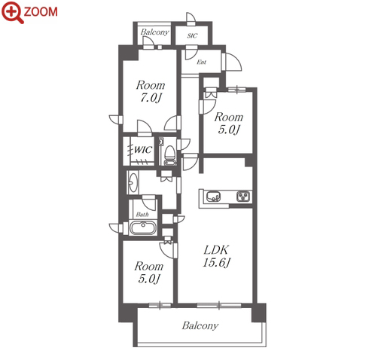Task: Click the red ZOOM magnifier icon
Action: coord(12,12)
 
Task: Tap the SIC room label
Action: coord(192,35)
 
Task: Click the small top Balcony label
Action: coord(154,32)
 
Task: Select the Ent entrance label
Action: coord(202,62)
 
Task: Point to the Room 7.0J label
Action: coord(151,91)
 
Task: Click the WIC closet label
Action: coord(143,150)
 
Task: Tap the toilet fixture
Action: coord(170,156)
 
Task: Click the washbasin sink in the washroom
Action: coord(133,182)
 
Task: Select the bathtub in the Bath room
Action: coord(143,227)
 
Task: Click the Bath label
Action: coord(142,215)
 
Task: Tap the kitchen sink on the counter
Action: coord(214,197)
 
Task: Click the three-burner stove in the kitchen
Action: coord(243,197)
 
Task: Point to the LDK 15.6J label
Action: coord(216,256)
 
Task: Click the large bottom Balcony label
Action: coord(200,325)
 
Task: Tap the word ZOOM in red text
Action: coord(41,12)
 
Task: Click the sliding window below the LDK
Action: coord(219,305)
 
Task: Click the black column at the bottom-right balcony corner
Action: coord(258,313)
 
